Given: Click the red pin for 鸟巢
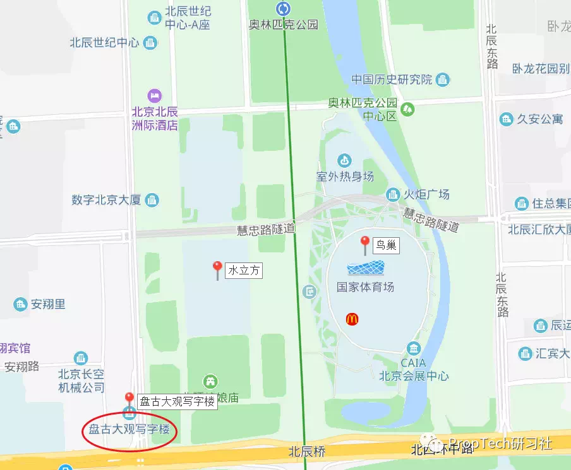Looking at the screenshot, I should tap(364, 244).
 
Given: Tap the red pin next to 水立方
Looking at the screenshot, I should tap(217, 269).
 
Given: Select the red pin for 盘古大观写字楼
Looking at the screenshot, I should tap(129, 399).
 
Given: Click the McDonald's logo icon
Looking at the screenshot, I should tap(352, 319).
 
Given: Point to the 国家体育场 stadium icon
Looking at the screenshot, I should tap(366, 269).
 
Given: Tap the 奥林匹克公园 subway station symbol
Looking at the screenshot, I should tap(283, 8).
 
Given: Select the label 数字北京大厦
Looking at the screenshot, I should tap(106, 200).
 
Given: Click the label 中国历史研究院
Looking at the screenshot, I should tap(392, 79).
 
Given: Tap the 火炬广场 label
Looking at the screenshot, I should tap(427, 194).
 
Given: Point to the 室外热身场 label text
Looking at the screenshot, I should tap(345, 176).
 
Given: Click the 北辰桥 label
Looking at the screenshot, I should tap(307, 451).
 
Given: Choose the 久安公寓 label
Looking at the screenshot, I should tap(539, 119).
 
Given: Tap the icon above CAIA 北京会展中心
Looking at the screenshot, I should tap(413, 348).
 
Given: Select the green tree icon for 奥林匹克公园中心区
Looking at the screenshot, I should tap(408, 109).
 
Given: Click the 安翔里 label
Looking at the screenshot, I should tap(48, 305).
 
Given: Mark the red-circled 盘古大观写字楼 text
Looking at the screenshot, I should tap(129, 430).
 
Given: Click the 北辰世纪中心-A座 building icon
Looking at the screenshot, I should tap(154, 18).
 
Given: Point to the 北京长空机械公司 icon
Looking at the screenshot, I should tap(81, 358).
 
